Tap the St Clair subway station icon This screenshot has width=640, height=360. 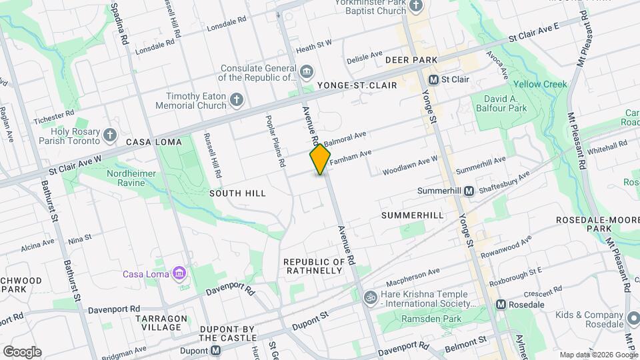[433, 79]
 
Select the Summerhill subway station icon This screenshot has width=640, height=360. [469, 191]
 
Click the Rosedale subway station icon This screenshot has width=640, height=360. [501, 305]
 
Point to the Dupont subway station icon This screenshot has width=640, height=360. [215, 350]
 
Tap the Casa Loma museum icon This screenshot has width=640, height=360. [178, 273]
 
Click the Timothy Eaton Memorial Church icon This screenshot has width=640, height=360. [236, 101]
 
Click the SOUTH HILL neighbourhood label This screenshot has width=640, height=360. [237, 193]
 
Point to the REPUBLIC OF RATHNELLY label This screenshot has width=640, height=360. [313, 265]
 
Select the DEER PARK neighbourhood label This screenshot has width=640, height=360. [411, 60]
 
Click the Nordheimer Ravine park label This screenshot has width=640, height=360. [136, 180]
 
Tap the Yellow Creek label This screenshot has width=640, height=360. [540, 85]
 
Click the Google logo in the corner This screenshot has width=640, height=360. [22, 351]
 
